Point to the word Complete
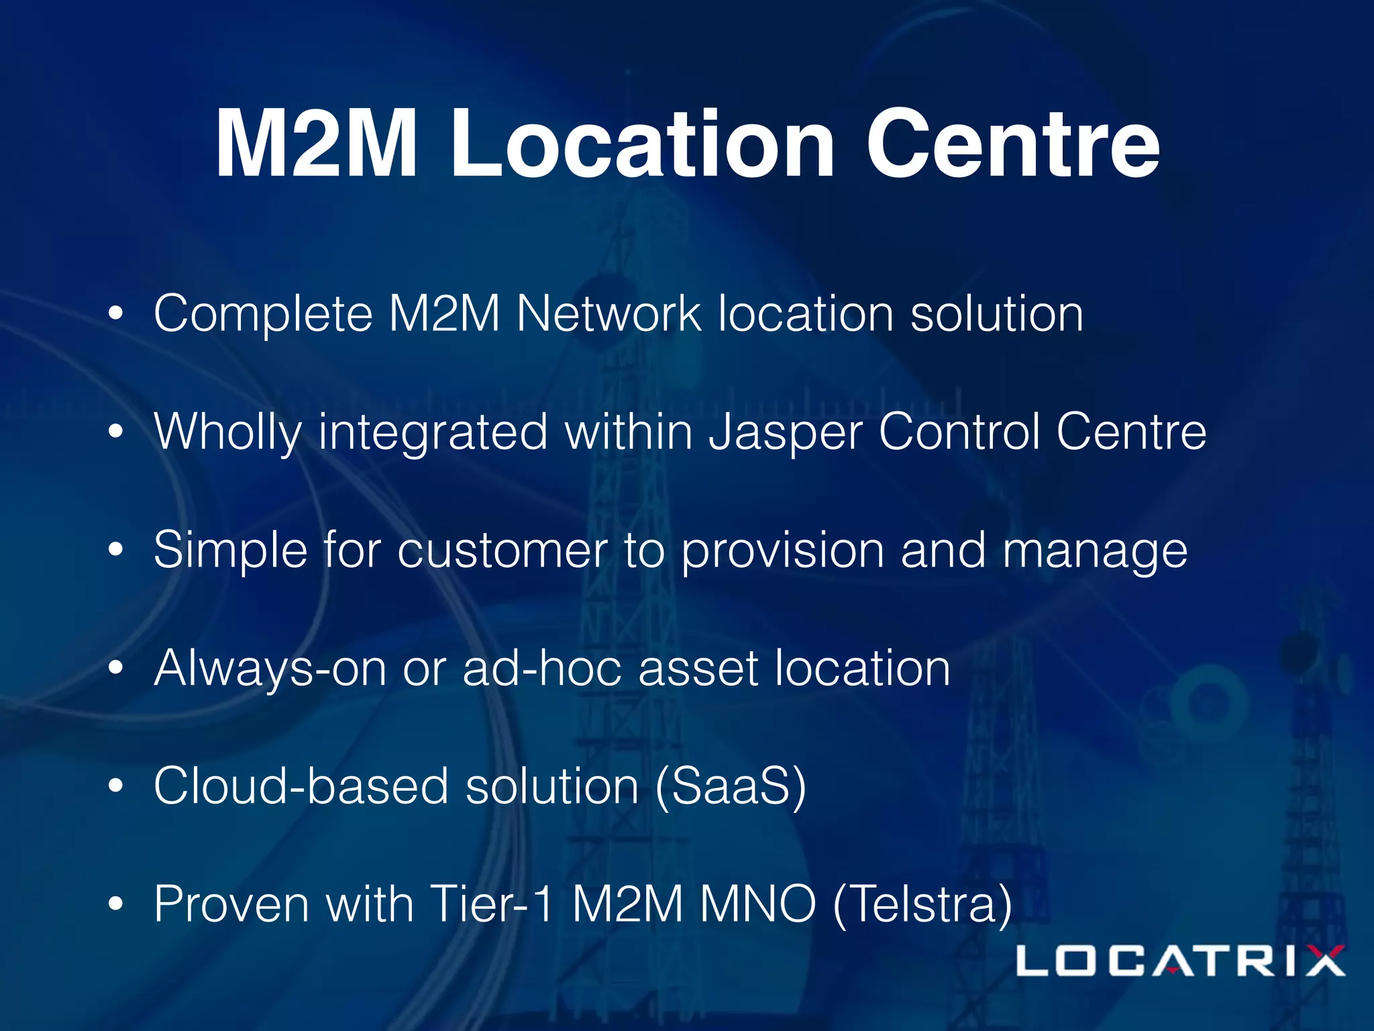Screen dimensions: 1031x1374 (x=263, y=314)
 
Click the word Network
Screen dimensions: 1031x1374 (x=609, y=314)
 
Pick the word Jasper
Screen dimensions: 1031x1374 (x=786, y=433)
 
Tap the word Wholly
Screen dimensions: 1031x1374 (x=227, y=433)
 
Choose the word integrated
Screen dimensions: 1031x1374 (x=433, y=433)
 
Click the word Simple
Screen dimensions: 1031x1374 (x=230, y=550)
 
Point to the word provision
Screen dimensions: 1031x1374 (x=782, y=550)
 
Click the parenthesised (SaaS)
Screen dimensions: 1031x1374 (x=730, y=786)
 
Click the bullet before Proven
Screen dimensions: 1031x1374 (x=116, y=904)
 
